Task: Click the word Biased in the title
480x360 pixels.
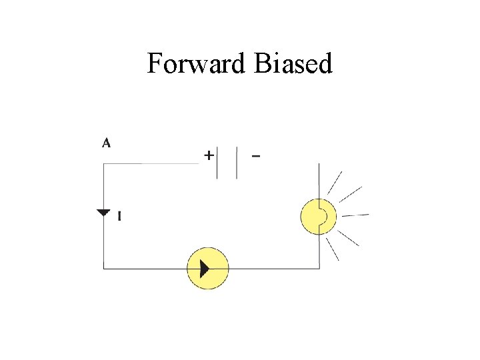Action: [x=293, y=64]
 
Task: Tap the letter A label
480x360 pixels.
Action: [x=107, y=142]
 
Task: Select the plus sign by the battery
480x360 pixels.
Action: [x=209, y=155]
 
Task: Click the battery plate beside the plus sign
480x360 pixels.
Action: [x=217, y=162]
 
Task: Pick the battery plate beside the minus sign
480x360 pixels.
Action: [x=237, y=162]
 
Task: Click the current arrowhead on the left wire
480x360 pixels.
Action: [x=103, y=213]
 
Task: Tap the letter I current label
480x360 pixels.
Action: [x=119, y=216]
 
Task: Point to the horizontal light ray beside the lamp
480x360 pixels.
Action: [x=355, y=215]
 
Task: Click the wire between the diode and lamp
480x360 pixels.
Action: [x=273, y=269]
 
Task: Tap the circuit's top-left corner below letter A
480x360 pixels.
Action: [x=103, y=164]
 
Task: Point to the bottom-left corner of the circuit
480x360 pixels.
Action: [x=103, y=269]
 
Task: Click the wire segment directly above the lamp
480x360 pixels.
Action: [x=319, y=180]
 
